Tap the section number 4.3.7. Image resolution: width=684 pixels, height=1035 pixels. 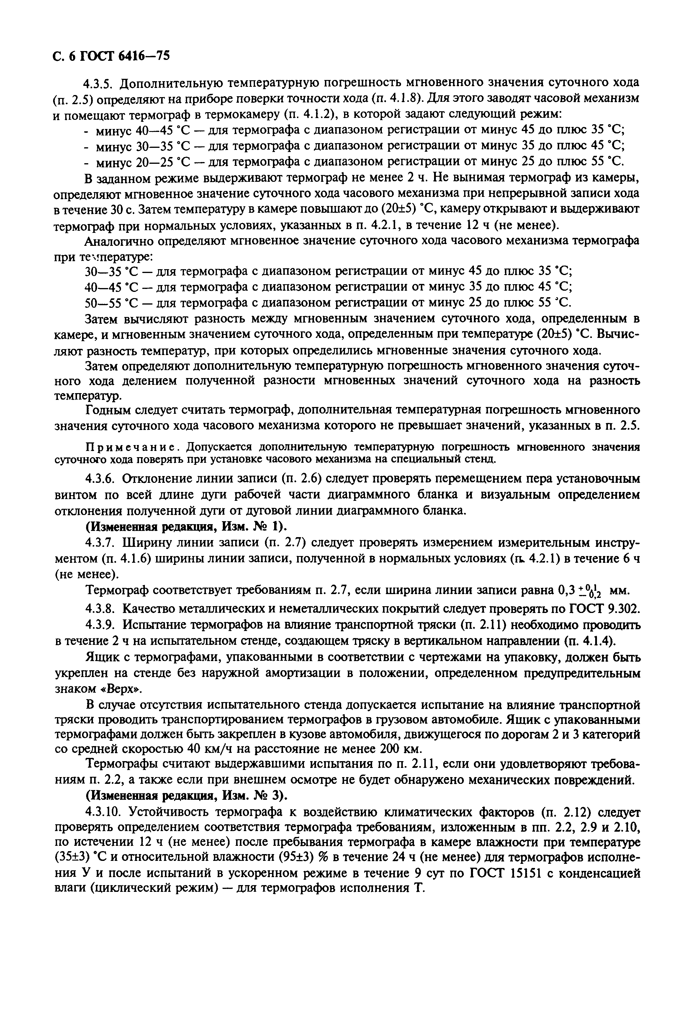[x=100, y=542]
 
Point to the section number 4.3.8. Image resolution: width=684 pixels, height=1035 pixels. [x=100, y=608]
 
